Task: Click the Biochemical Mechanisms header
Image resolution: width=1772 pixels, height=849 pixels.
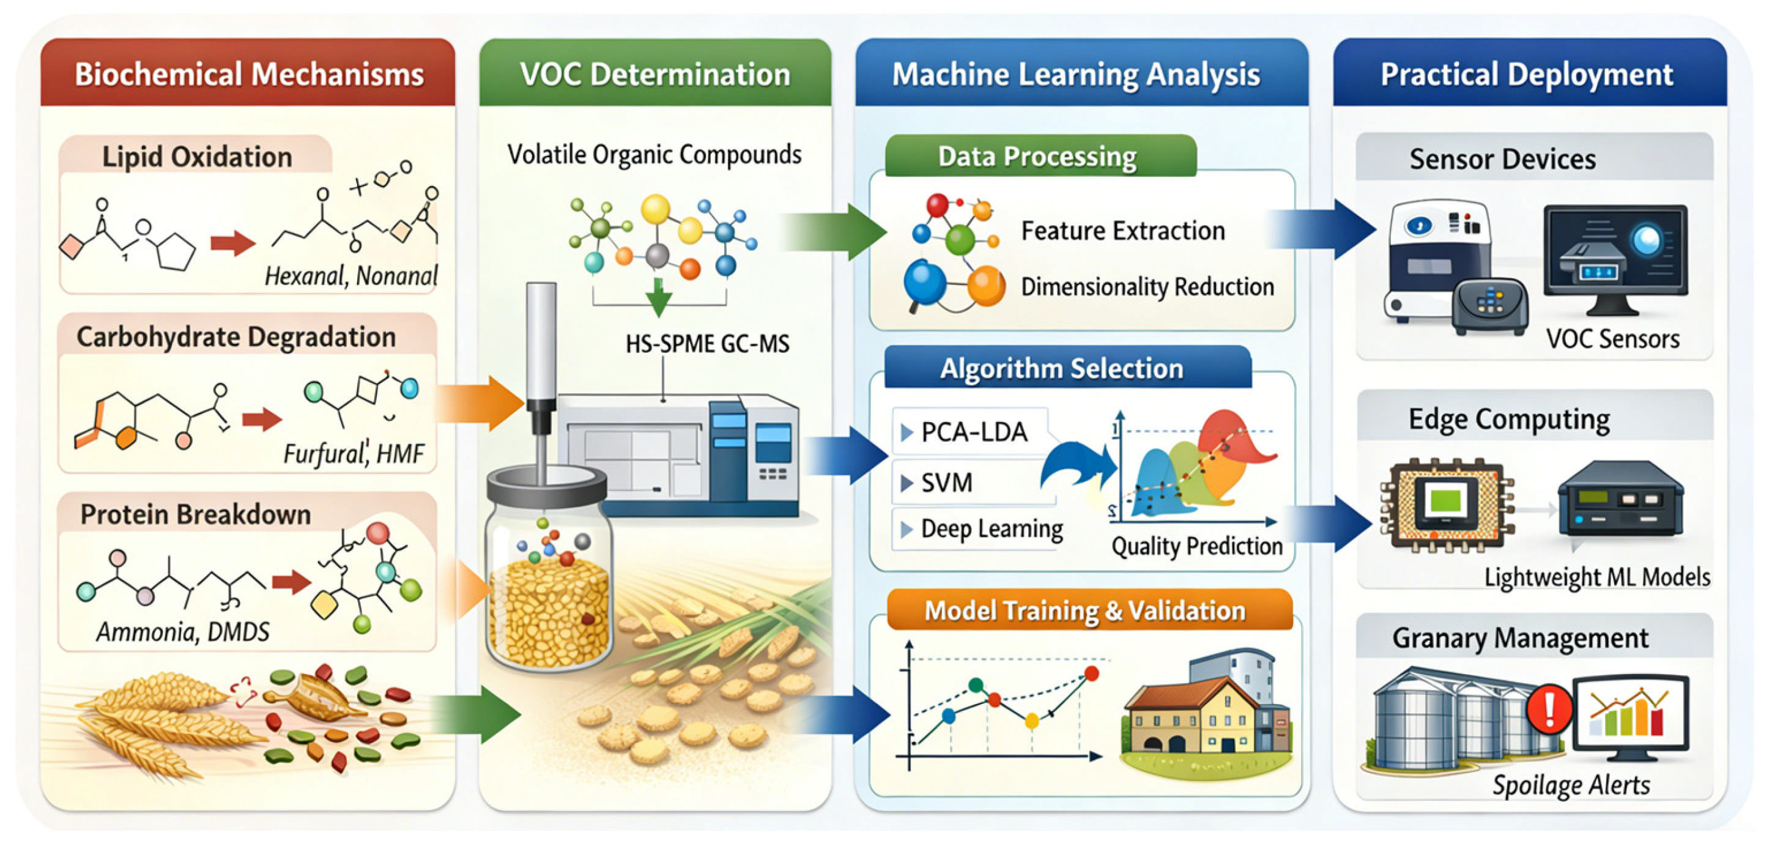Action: click(x=248, y=73)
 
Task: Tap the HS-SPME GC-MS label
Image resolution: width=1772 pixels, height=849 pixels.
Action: click(x=707, y=343)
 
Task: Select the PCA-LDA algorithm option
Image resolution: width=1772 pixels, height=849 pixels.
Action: click(x=973, y=432)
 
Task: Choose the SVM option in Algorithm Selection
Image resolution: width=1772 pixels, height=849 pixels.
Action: click(x=946, y=482)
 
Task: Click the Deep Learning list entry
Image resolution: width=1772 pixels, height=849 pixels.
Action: click(x=990, y=528)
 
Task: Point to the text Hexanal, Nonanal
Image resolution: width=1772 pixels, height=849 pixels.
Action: click(x=351, y=276)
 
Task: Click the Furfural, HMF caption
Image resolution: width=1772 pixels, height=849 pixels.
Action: click(x=354, y=453)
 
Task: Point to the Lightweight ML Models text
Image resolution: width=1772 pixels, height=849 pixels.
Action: click(x=1596, y=577)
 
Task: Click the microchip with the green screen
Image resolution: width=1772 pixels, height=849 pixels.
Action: click(x=1445, y=503)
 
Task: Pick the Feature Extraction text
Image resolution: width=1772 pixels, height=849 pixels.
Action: click(x=1122, y=231)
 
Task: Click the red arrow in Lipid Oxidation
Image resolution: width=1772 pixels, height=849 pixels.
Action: click(x=232, y=242)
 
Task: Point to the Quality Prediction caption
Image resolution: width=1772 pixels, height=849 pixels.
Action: click(x=1197, y=546)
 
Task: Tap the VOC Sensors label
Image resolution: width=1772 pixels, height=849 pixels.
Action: click(x=1612, y=338)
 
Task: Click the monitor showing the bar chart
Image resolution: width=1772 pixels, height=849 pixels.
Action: click(x=1629, y=716)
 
